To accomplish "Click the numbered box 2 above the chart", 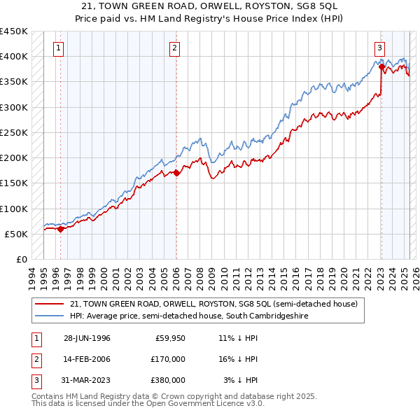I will [174, 48].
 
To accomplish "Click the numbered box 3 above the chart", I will [379, 48].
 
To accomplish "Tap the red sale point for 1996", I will [61, 228].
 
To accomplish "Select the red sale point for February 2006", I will [176, 172].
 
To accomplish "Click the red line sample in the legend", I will [50, 304].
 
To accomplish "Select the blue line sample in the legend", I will [50, 316].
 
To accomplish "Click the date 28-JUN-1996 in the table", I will [87, 338].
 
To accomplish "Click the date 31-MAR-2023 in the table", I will [87, 380].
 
